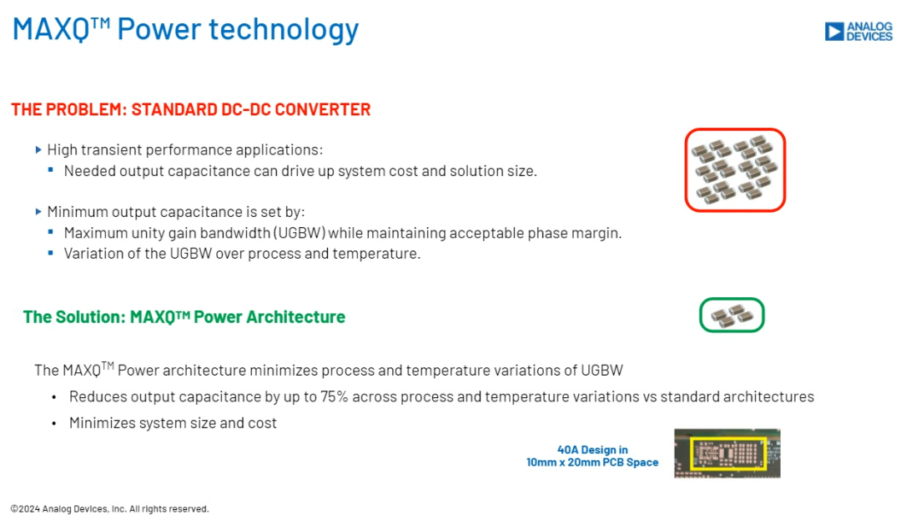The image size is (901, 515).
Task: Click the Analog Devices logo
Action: [x=858, y=32]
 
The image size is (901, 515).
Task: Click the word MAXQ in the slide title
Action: [x=51, y=29]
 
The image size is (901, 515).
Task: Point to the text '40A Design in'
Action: [x=592, y=449]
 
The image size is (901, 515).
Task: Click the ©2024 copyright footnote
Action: [x=110, y=508]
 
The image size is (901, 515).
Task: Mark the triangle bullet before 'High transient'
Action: [x=38, y=150]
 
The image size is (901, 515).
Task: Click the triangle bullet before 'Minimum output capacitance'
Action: [x=38, y=211]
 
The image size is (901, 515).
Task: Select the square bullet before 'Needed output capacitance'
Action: [x=51, y=169]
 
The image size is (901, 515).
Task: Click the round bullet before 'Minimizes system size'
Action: [x=54, y=424]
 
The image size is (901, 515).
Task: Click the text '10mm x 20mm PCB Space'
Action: [x=592, y=462]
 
